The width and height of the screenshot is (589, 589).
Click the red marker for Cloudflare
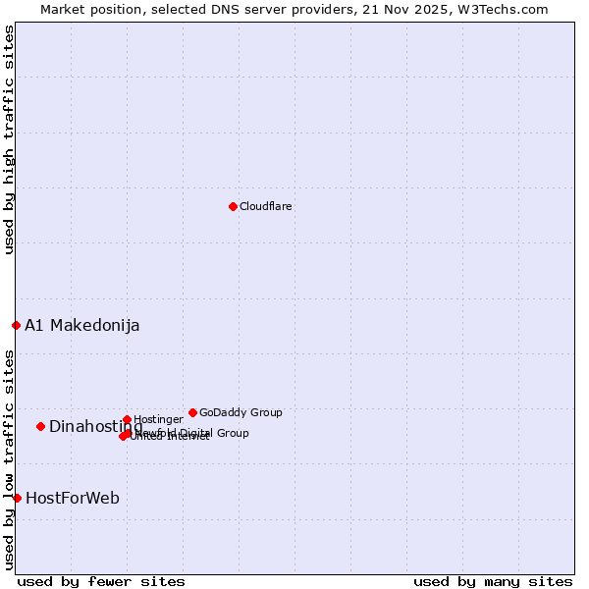[233, 206]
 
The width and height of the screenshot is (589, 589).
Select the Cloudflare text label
[266, 206]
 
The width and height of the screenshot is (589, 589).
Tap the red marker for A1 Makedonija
[16, 325]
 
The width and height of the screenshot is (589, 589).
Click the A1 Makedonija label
[82, 326]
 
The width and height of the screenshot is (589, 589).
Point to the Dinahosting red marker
[40, 426]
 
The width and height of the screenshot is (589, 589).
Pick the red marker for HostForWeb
[17, 498]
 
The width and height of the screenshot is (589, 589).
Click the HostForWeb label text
[73, 499]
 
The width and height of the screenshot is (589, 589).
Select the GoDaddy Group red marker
[192, 412]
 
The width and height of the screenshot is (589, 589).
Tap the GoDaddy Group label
[241, 413]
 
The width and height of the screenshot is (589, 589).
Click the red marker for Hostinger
[127, 419]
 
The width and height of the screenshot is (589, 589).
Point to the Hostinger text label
[158, 420]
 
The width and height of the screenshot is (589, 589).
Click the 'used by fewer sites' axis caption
[101, 581]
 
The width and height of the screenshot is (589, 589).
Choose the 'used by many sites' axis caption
[493, 581]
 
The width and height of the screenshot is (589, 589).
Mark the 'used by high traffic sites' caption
[10, 139]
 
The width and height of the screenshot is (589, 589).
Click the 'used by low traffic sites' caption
[10, 458]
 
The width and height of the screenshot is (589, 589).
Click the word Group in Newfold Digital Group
[232, 433]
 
